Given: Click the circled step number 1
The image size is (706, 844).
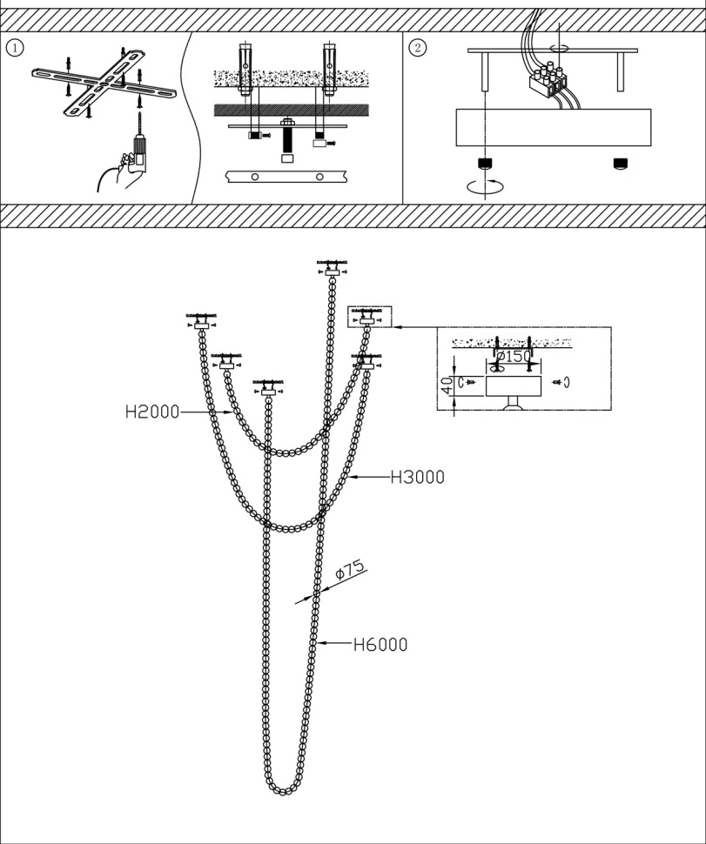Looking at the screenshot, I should (x=13, y=47).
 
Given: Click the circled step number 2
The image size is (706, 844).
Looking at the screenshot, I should (x=417, y=47).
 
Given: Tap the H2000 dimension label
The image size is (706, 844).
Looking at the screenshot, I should (x=151, y=412).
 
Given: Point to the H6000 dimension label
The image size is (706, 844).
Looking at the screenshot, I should (x=380, y=645).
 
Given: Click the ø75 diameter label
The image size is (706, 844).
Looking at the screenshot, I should (x=349, y=572).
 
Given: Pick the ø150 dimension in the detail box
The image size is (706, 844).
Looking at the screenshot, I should (x=513, y=356).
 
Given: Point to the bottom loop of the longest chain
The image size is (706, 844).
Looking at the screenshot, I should (x=283, y=788).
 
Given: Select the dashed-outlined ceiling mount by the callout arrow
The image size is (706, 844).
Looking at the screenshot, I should (x=369, y=318).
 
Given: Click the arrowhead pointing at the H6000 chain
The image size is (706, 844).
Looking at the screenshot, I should (x=320, y=645).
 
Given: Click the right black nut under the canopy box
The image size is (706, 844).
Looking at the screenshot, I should (x=620, y=164).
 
